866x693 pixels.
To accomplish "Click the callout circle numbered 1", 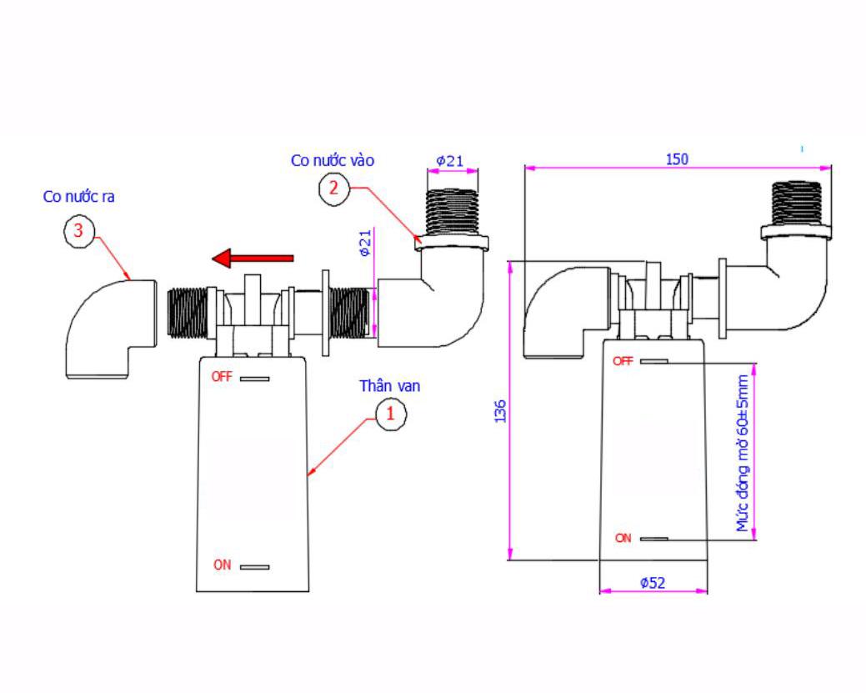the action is click(391, 414).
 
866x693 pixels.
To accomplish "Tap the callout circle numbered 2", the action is click(334, 189).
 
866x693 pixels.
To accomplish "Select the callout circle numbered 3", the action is click(79, 231).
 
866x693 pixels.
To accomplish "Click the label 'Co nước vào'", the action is click(333, 160).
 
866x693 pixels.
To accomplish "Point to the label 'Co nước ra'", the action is click(79, 196).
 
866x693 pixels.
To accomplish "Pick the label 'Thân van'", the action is click(390, 386).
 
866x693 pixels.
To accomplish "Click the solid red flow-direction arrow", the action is click(253, 258).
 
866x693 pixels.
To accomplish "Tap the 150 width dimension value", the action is click(677, 159).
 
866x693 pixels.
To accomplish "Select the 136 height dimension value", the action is click(500, 412).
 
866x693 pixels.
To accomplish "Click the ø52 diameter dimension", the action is click(653, 583).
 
